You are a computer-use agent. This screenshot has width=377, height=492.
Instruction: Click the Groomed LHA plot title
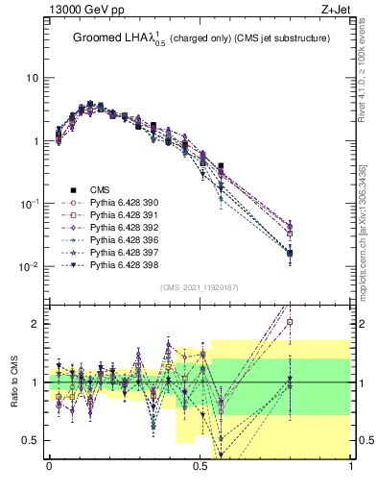pyautogui.click(x=202, y=39)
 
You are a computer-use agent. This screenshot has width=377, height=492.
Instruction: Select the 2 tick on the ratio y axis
pyautogui.click(x=37, y=324)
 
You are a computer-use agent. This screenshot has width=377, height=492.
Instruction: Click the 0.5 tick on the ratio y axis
pyautogui.click(x=34, y=440)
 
